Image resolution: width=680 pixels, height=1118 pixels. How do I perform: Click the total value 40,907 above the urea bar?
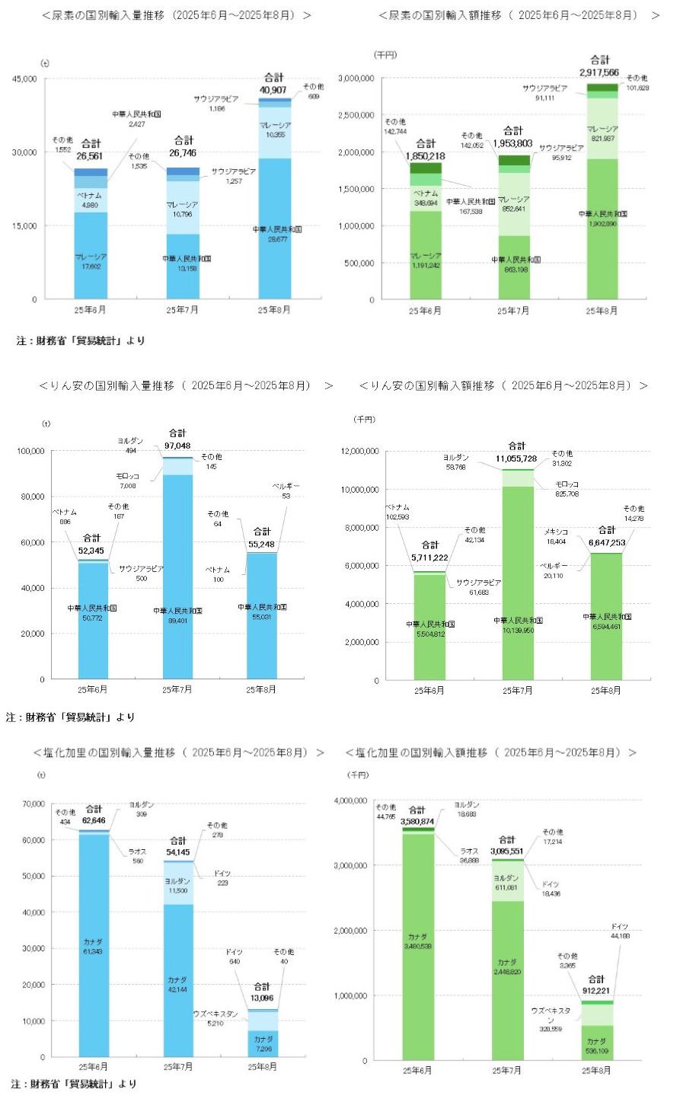coord(273,90)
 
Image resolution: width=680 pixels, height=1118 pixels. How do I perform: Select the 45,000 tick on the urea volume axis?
coord(24,78)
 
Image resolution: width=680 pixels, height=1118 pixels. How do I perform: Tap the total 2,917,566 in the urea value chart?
coord(599,72)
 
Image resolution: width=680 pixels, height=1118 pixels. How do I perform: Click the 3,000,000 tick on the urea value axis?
coord(356,78)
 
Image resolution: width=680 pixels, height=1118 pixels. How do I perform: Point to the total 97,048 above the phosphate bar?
coord(177,445)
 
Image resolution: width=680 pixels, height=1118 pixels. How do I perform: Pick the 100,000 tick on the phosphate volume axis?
coord(31,451)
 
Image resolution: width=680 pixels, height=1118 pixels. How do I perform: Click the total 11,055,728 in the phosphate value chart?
coord(516,458)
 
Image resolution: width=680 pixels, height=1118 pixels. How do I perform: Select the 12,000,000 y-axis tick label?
coord(360,452)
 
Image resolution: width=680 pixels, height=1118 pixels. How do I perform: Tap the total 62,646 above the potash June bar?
coord(94,820)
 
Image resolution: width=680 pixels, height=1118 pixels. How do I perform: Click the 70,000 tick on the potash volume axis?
coord(34,804)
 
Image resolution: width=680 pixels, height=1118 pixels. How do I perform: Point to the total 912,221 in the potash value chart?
coord(596,991)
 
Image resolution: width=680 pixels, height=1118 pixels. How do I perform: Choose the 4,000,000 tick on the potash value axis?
coord(350,801)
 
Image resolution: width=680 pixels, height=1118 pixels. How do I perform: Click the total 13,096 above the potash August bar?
coord(262,998)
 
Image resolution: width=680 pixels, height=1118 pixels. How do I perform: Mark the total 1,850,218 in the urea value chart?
coord(426,155)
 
